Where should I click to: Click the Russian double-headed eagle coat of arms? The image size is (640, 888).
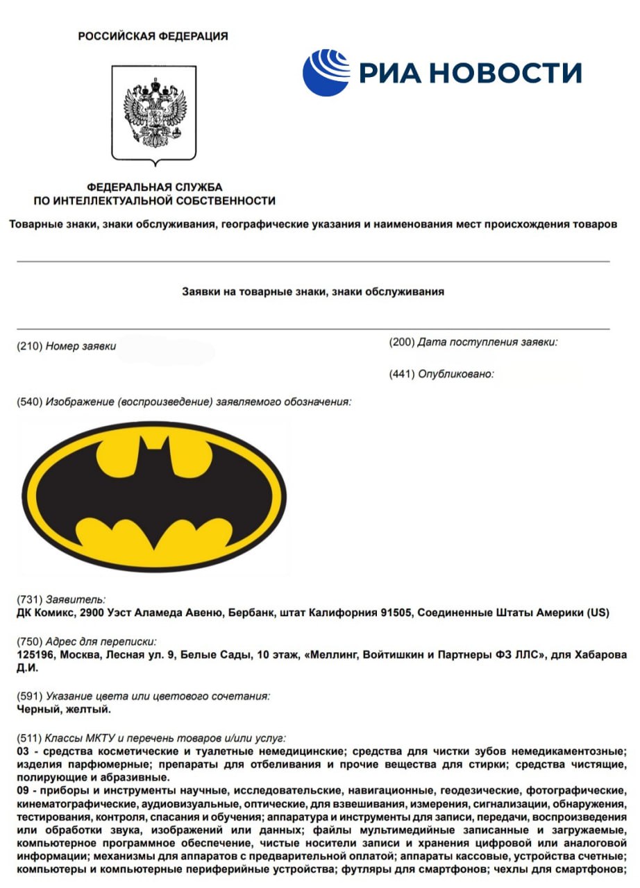[x=154, y=112]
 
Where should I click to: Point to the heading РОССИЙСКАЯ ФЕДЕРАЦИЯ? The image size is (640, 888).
[x=153, y=36]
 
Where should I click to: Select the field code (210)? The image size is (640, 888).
[x=29, y=346]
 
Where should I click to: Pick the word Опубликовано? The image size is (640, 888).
[x=455, y=374]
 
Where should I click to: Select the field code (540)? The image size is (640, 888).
[x=29, y=402]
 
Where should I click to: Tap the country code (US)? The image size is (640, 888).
[x=598, y=613]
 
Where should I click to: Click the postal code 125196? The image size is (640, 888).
[x=35, y=655]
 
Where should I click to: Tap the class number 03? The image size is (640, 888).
[x=23, y=751]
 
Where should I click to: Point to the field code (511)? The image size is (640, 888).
[x=29, y=738]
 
